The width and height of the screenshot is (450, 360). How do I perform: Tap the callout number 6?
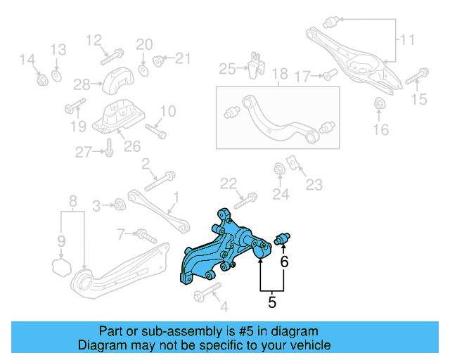click(x=284, y=262)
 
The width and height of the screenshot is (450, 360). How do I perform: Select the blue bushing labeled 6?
click(x=284, y=240)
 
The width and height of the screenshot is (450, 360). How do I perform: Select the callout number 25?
click(x=227, y=69)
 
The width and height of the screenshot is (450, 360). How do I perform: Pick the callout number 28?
click(x=82, y=85)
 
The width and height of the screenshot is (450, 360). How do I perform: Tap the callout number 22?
click(x=229, y=184)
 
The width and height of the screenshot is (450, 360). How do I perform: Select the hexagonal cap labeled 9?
click(x=61, y=267)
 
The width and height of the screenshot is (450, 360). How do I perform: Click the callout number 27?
click(x=84, y=152)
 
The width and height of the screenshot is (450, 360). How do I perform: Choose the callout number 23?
click(x=314, y=185)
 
